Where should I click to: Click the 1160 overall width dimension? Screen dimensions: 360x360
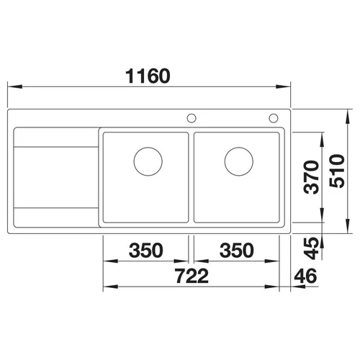tap(148, 76)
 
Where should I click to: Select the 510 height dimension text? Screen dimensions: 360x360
tap(337, 171)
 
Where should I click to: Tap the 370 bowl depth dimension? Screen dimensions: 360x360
tap(311, 177)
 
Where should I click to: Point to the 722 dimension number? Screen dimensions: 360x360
tap(192, 276)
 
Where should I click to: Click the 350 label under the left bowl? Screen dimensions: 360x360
tap(146, 250)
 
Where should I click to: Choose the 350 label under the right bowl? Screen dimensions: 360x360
tap(237, 250)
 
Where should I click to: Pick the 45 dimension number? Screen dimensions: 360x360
tap(311, 248)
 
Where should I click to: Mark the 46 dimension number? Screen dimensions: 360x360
tap(305, 276)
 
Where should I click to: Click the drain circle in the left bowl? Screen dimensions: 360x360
tap(148, 161)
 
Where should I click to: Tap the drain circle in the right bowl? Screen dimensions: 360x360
tap(239, 161)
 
